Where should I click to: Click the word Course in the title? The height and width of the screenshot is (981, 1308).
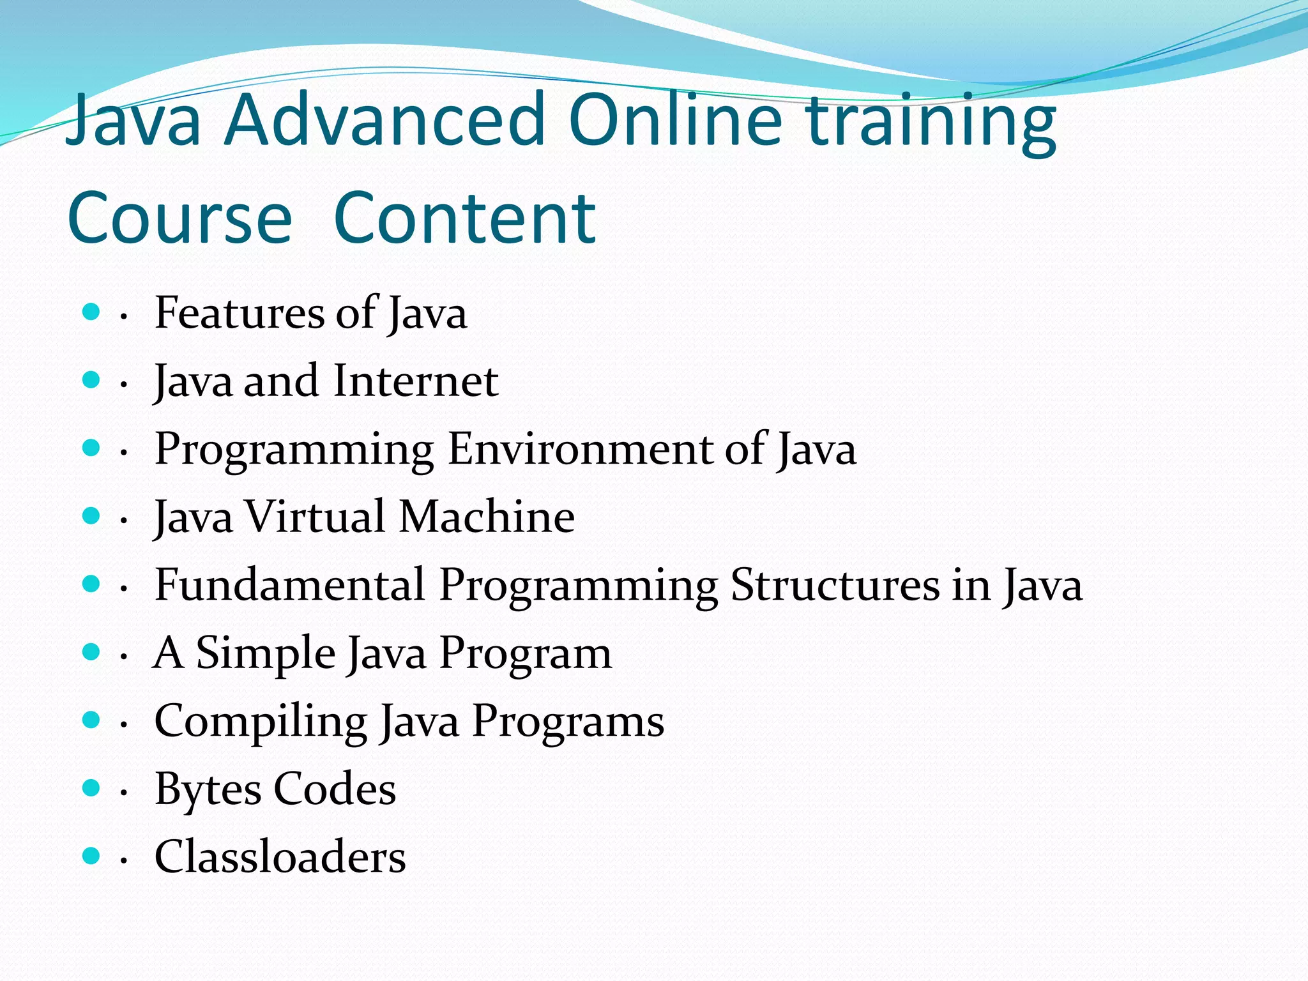tap(179, 219)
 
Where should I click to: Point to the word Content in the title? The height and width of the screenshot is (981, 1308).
tap(465, 219)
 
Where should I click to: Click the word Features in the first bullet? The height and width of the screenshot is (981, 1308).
tap(240, 313)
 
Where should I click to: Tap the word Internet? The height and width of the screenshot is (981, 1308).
tap(415, 381)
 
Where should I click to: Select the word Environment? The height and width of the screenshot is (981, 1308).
tap(579, 449)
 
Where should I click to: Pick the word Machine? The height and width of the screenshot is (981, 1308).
tap(487, 517)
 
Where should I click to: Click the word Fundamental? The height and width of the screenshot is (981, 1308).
tap(290, 585)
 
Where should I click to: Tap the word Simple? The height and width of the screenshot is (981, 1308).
tap(266, 653)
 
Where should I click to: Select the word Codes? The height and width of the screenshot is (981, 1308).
tap(335, 789)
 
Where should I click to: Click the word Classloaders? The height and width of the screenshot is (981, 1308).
tap(280, 857)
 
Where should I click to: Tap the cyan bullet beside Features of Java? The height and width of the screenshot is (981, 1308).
tap(92, 312)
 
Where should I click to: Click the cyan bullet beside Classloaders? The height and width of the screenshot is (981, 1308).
tap(92, 856)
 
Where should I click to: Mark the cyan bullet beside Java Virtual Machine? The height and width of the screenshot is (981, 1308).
tap(92, 516)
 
